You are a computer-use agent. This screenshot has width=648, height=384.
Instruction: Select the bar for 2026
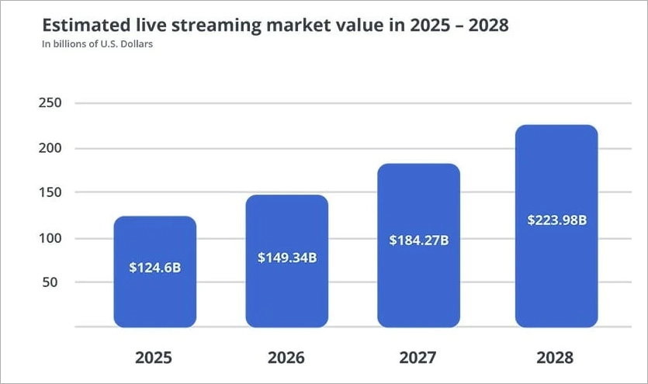pos(286,295)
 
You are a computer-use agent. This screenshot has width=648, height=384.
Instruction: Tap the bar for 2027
pos(418,287)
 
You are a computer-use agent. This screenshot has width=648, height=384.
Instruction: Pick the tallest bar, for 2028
pos(556,272)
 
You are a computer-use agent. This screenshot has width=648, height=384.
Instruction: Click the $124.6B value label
pos(154,268)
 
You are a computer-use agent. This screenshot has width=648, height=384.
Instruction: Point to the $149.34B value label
pos(286,258)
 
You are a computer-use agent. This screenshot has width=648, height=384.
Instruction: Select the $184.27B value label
pos(419,240)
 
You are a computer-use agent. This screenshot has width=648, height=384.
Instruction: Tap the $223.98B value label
pos(556,220)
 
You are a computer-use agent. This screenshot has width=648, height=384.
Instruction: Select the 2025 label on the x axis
pos(154,358)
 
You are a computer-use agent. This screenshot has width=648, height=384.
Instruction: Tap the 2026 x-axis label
pos(286,358)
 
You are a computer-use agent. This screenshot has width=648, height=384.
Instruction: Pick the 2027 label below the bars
pos(418,358)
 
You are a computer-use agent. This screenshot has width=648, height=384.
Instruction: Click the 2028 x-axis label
pos(555,358)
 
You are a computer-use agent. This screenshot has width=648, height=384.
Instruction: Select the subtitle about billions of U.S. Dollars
pos(97,44)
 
